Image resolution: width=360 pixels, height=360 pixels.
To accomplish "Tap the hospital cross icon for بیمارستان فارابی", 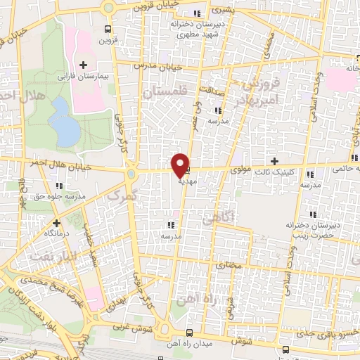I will (84, 65).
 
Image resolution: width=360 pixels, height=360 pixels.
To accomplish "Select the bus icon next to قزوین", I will (107, 29).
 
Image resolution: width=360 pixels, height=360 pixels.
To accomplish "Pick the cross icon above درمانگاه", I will (57, 222).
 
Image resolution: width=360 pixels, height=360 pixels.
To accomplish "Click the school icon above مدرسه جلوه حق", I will (59, 186).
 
